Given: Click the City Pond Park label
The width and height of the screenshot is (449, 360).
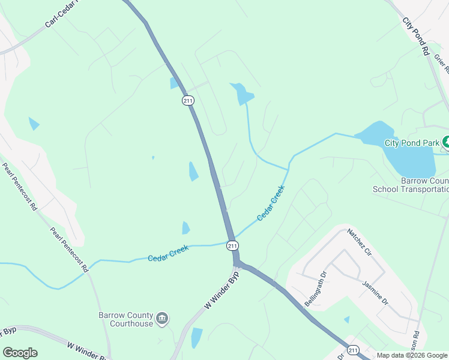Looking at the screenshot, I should (411, 143).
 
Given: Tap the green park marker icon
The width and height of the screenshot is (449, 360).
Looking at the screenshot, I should (446, 143).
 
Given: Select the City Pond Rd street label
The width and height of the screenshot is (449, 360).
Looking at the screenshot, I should (415, 36).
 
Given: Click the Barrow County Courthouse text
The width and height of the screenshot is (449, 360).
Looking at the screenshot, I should (125, 319).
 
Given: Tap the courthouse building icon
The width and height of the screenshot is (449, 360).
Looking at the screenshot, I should (161, 318).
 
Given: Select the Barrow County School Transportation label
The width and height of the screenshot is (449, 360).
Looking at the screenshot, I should (411, 185).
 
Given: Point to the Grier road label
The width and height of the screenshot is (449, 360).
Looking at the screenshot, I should (439, 65).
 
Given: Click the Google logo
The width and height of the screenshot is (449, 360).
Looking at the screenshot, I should (20, 353).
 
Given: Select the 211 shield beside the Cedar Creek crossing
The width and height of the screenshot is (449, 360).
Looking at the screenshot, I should (233, 245).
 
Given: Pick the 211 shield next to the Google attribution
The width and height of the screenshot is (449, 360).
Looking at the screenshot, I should (353, 350).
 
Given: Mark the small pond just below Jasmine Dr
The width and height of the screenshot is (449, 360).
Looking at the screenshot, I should (347, 320).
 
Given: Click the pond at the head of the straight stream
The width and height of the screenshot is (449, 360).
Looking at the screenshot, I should (243, 94).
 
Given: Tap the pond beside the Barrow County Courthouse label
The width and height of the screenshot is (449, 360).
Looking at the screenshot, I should (196, 337).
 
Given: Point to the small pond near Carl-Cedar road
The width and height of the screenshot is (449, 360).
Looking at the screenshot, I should (34, 124).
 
